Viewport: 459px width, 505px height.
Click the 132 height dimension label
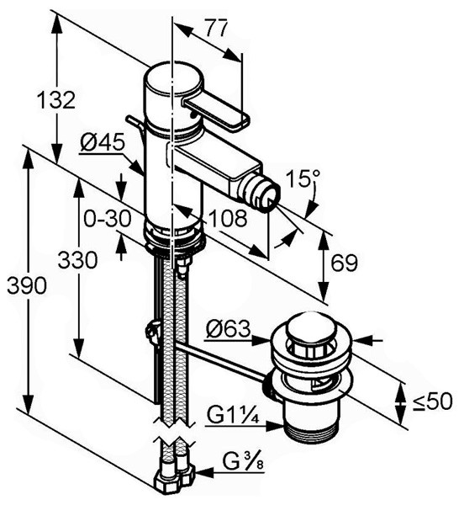click(x=55, y=100)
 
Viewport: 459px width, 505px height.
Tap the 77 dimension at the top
click(x=217, y=29)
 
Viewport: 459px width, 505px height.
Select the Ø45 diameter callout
click(x=103, y=142)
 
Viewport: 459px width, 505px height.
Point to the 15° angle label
click(x=303, y=179)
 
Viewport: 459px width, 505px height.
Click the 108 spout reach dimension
click(x=228, y=218)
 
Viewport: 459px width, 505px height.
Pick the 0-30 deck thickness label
click(x=108, y=218)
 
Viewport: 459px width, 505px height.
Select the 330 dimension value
click(x=77, y=260)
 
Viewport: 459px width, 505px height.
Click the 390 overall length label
click(x=27, y=285)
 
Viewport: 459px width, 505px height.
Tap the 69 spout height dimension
click(x=344, y=263)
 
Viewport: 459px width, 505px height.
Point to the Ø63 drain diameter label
click(x=228, y=329)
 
